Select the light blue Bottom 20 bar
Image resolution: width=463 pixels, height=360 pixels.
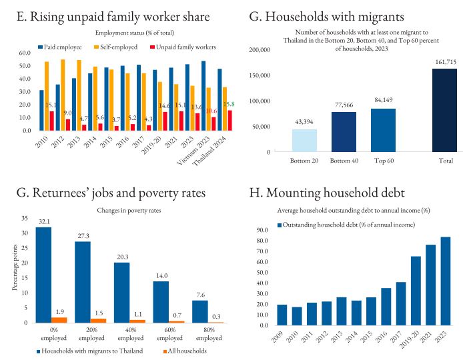pyautogui.click(x=304, y=140)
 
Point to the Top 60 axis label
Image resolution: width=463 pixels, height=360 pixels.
pyautogui.click(x=384, y=161)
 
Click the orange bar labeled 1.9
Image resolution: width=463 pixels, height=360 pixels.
pyautogui.click(x=60, y=319)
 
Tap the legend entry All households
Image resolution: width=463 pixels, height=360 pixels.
pyautogui.click(x=179, y=351)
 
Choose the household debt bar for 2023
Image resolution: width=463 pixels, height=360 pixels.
pyautogui.click(x=445, y=281)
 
